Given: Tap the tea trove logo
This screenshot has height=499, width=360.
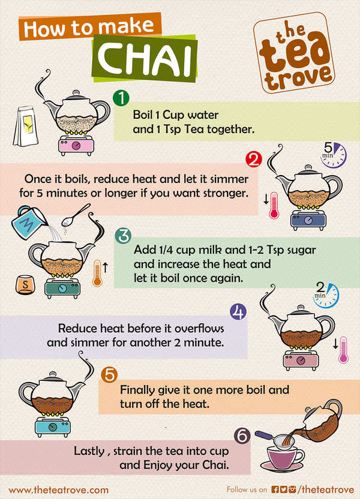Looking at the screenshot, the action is (x=294, y=53).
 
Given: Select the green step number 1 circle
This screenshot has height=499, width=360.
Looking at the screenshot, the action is (x=121, y=98).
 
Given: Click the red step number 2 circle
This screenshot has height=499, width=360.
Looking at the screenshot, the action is (x=254, y=160).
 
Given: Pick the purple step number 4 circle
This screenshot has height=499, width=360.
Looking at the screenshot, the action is (x=238, y=311).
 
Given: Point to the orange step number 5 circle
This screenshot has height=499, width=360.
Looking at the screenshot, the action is (x=109, y=375).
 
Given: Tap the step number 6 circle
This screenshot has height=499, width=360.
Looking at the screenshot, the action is (x=242, y=435).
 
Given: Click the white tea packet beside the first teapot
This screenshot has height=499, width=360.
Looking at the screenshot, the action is (x=25, y=126).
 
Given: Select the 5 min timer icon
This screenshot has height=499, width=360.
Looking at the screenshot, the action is (x=332, y=155).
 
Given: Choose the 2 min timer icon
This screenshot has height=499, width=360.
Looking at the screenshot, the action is (x=326, y=295).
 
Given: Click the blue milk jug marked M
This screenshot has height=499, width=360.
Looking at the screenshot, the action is (x=29, y=223).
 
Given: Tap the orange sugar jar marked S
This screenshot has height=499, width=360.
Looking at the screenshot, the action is (x=25, y=284).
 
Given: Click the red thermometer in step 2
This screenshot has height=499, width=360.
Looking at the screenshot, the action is (x=274, y=205).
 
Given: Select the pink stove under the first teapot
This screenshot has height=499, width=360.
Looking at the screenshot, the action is (x=76, y=145).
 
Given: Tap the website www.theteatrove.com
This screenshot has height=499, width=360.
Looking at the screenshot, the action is (x=59, y=490).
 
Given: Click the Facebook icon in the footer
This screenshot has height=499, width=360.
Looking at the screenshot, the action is (x=275, y=489).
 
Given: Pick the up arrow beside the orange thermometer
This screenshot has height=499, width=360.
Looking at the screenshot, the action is (x=106, y=267).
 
